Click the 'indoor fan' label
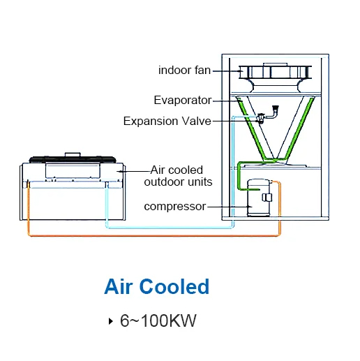tap(184, 71)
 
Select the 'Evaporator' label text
tap(183, 101)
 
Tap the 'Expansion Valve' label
tap(167, 121)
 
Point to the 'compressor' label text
tap(175, 207)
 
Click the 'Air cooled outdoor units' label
tap(178, 176)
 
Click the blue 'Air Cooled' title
tap(157, 286)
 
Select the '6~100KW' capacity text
tap(158, 321)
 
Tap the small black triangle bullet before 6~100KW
tap(110, 321)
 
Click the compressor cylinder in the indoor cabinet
tap(259, 198)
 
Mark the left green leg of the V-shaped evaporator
tap(253, 131)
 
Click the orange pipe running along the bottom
tap(153, 236)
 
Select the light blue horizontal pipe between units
tap(170, 228)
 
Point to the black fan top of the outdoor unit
tap(73, 159)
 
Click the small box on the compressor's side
tap(267, 197)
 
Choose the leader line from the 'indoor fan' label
tap(226, 71)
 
